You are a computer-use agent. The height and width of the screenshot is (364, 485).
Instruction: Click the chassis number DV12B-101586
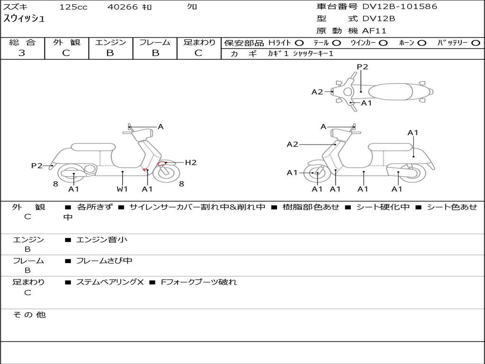(400, 7)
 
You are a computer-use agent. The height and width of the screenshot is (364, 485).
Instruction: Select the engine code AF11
(374, 31)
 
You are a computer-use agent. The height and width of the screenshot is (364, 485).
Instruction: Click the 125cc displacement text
(73, 7)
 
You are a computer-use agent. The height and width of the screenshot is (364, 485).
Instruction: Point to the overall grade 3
(22, 53)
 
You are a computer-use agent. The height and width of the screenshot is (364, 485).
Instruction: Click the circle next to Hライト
(299, 43)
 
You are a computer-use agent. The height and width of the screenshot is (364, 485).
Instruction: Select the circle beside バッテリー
(476, 43)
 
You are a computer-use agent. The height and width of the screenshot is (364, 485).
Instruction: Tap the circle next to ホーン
(422, 43)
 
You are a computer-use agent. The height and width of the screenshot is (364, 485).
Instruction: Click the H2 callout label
(190, 163)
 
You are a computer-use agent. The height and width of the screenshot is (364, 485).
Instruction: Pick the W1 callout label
(122, 189)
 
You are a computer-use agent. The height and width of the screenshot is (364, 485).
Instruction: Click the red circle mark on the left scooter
(162, 164)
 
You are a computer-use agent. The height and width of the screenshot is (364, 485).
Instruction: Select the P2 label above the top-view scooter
(362, 67)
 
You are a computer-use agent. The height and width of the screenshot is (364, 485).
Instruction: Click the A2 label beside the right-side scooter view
(292, 144)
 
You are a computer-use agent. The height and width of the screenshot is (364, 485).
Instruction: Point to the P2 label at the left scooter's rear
(37, 165)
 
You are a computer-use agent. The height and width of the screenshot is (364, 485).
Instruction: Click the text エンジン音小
(102, 239)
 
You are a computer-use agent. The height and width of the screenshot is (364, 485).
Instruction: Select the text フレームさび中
(104, 261)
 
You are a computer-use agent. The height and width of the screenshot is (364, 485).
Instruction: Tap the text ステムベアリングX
(110, 282)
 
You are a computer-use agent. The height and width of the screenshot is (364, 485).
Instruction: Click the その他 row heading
(29, 315)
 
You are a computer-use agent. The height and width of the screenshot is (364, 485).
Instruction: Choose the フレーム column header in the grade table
(155, 42)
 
